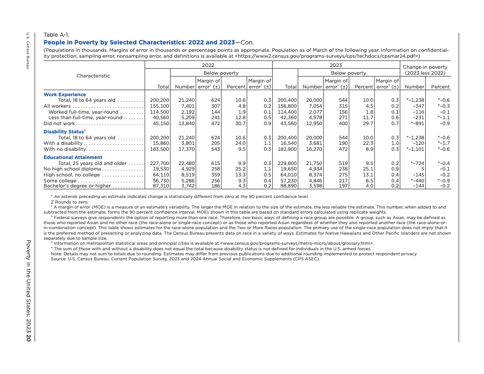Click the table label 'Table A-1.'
point(56,35)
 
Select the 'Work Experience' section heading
point(65,95)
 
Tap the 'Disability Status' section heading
point(64,132)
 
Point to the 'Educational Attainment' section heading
point(73,158)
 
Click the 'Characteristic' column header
point(93,76)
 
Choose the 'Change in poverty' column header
point(425,67)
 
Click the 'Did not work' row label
point(59,124)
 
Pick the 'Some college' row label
point(60,181)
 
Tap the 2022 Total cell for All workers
point(160,106)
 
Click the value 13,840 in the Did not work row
point(187,124)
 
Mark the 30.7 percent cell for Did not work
point(240,124)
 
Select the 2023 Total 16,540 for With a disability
point(288,143)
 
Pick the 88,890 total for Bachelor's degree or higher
point(288,186)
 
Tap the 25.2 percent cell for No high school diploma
point(240,169)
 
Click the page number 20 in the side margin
point(28,339)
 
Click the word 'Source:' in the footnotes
point(59,259)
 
